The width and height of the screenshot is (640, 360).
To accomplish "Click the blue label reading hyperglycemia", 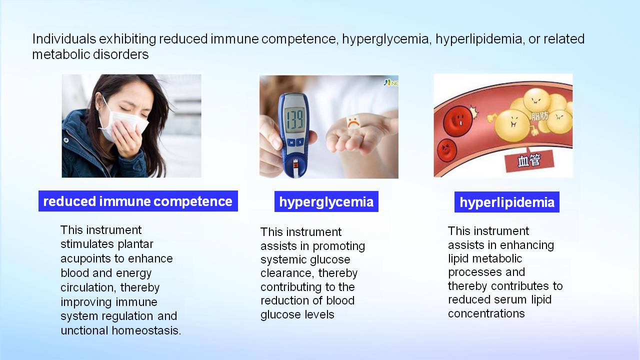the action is point(326,201).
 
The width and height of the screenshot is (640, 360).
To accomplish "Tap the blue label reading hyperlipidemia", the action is point(507,202).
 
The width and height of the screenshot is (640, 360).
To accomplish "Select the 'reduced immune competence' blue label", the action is point(138,201).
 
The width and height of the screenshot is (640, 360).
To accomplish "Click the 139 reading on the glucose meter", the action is point(294,118).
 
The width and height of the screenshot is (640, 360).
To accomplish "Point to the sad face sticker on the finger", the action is point(353,121).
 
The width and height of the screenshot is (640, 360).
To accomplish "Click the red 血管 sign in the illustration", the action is point(529,160).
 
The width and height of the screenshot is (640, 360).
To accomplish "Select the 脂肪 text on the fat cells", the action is point(539,116).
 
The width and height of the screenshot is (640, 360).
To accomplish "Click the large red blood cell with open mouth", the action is point(457,120).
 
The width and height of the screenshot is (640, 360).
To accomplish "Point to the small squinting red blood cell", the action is point(446,150).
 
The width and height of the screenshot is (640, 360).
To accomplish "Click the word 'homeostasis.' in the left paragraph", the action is point(146,330).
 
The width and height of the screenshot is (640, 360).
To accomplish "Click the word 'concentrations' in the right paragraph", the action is point(486,313).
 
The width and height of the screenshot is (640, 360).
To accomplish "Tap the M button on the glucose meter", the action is point(291,142).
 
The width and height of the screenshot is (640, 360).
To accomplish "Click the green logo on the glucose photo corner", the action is point(391,83).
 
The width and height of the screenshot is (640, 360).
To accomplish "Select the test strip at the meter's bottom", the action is point(295,168).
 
